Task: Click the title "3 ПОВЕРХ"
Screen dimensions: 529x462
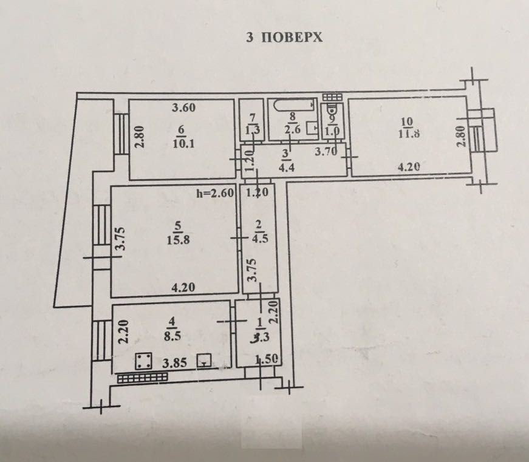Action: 284,37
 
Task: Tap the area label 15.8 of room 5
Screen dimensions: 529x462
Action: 178,240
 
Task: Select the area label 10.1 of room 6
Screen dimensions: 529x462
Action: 183,144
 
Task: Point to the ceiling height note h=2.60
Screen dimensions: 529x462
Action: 215,193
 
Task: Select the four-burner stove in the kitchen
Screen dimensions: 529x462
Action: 144,361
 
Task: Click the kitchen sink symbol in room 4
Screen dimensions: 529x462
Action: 205,361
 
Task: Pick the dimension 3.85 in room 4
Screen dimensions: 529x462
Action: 174,363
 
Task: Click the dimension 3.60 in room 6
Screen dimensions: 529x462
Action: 183,108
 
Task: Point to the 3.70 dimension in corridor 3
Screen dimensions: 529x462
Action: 326,152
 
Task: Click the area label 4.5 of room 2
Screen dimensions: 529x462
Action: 259,239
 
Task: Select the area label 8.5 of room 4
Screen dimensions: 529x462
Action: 172,336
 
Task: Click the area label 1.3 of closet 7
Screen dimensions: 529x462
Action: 253,129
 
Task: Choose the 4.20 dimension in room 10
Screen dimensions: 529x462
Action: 409,167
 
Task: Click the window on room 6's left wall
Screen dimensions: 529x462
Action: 120,134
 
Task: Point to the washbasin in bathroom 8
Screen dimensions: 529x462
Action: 312,128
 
